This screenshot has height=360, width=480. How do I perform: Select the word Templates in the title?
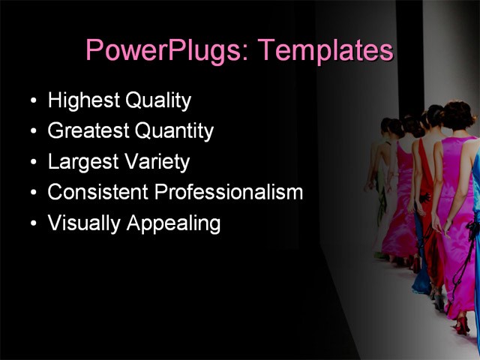click(325, 50)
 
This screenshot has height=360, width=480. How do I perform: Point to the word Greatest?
click(88, 131)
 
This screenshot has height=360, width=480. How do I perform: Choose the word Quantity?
click(174, 131)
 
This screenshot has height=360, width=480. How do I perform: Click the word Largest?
click(80, 162)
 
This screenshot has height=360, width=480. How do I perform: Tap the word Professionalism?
click(228, 192)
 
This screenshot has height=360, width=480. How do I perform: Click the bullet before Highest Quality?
click(32, 101)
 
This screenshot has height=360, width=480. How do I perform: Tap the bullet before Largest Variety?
click(32, 163)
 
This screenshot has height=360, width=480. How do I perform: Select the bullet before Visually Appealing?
click(32, 224)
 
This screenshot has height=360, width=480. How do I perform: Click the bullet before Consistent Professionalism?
click(32, 193)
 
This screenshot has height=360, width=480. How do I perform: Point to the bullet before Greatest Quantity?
click(32, 132)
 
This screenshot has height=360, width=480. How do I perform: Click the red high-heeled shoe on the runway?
click(461, 325)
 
